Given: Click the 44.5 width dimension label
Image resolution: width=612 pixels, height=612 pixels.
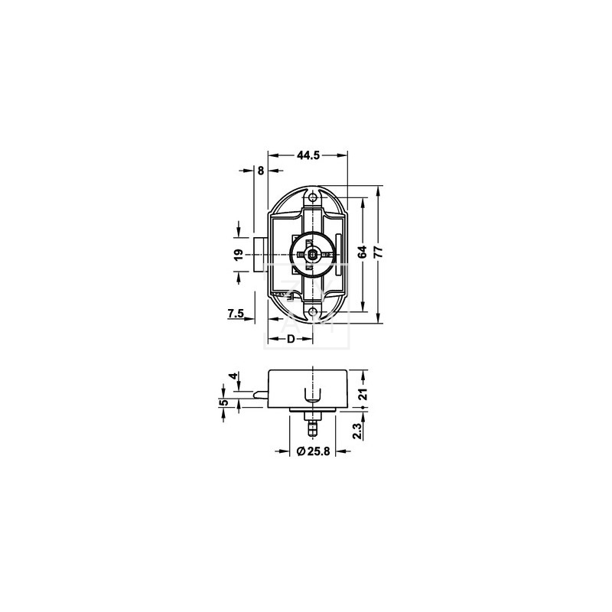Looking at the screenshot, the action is (x=308, y=155).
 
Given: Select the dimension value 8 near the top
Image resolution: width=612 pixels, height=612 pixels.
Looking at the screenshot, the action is (x=261, y=171).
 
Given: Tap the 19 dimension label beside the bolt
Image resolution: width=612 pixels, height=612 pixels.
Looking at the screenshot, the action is (x=239, y=255).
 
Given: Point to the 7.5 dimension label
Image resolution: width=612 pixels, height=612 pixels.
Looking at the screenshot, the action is (x=236, y=313).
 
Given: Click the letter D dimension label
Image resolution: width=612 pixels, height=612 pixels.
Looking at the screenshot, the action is (x=291, y=339).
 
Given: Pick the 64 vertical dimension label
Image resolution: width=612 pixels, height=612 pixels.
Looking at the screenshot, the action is (x=363, y=252).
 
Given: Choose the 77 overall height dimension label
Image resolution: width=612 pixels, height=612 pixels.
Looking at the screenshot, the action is (x=378, y=252).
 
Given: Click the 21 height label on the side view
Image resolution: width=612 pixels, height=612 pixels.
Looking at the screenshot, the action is (x=363, y=394).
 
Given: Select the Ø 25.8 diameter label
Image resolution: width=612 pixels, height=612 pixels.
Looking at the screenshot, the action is (x=313, y=451).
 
